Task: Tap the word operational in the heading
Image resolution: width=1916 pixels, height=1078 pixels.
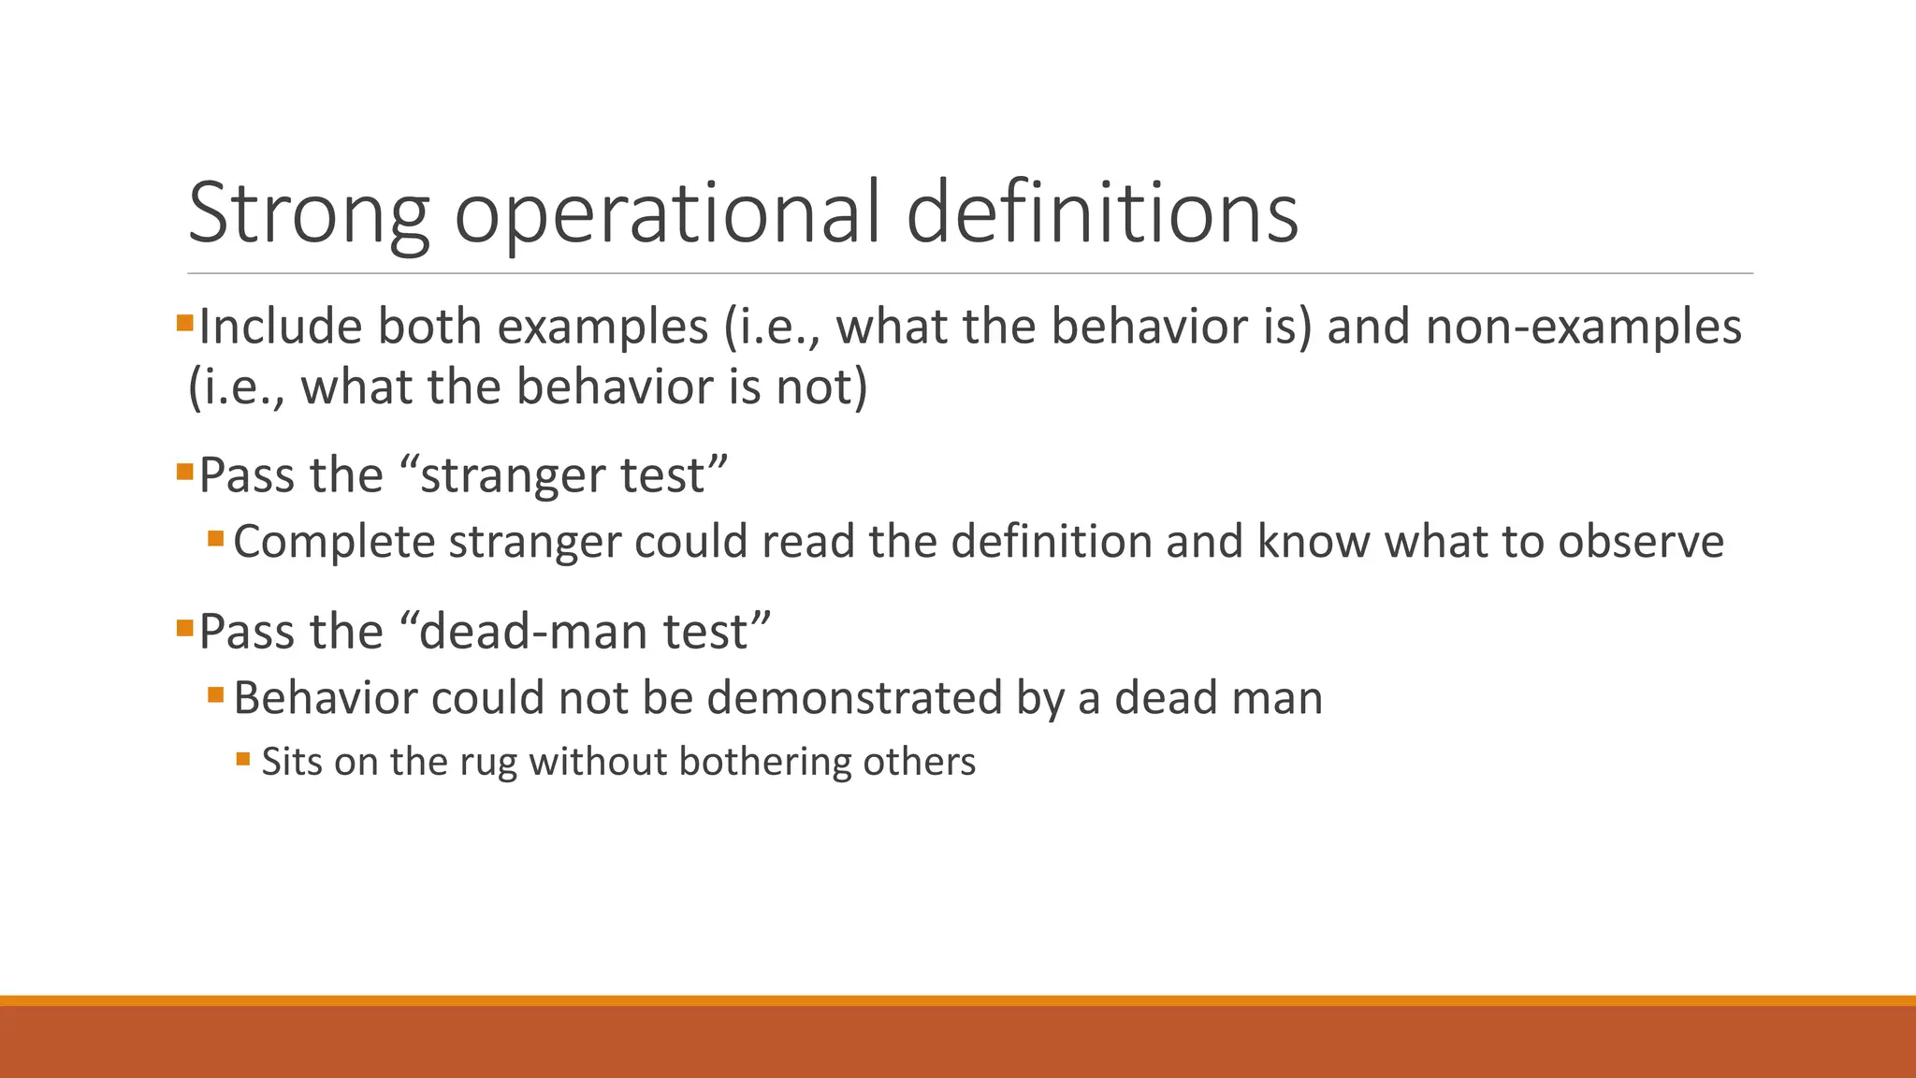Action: coord(667,215)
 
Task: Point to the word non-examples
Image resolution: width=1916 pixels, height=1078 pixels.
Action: coord(1583,328)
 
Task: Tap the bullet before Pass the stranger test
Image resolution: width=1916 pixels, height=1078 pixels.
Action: coord(184,471)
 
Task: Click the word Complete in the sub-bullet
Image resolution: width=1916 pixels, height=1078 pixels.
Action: coord(334,543)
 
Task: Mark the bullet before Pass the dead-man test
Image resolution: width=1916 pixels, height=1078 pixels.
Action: coord(184,627)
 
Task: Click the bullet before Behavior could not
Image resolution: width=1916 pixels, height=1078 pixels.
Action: coord(216,695)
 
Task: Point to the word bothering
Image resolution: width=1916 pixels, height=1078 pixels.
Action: coord(764,763)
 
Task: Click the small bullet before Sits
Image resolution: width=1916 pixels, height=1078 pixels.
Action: coord(243,759)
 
